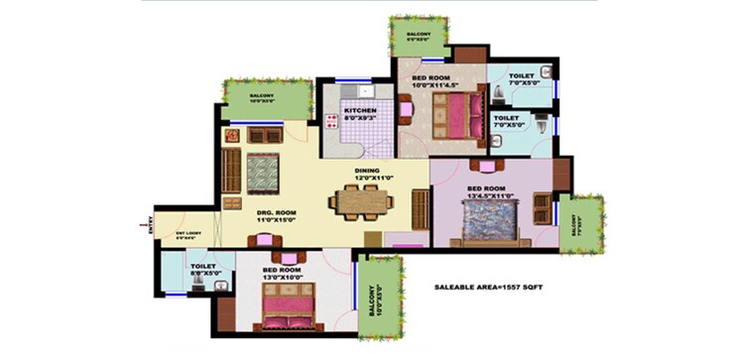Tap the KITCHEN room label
pyautogui.click(x=357, y=110)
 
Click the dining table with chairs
pyautogui.click(x=359, y=201)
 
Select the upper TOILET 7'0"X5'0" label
pyautogui.click(x=522, y=80)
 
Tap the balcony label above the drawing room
pyautogui.click(x=262, y=98)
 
